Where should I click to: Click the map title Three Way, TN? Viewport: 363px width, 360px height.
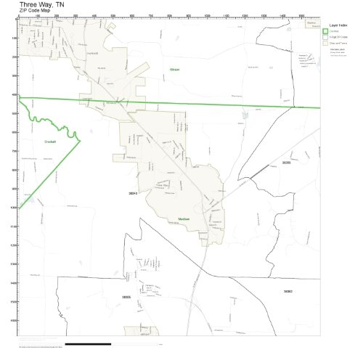click(x=41, y=4)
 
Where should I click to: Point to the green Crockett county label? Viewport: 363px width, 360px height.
click(x=50, y=142)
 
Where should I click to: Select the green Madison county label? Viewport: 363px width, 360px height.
click(x=184, y=218)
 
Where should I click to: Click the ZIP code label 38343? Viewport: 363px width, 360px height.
click(x=132, y=194)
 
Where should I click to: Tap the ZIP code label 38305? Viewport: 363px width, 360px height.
click(x=126, y=297)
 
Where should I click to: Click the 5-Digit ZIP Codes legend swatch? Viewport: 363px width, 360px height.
click(x=326, y=36)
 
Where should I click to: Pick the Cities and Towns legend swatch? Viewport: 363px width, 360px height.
click(x=326, y=43)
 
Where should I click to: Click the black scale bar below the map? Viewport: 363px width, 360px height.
click(x=94, y=343)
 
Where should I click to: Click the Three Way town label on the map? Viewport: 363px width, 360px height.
click(x=162, y=185)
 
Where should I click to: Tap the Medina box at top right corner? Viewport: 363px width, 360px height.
click(x=311, y=23)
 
